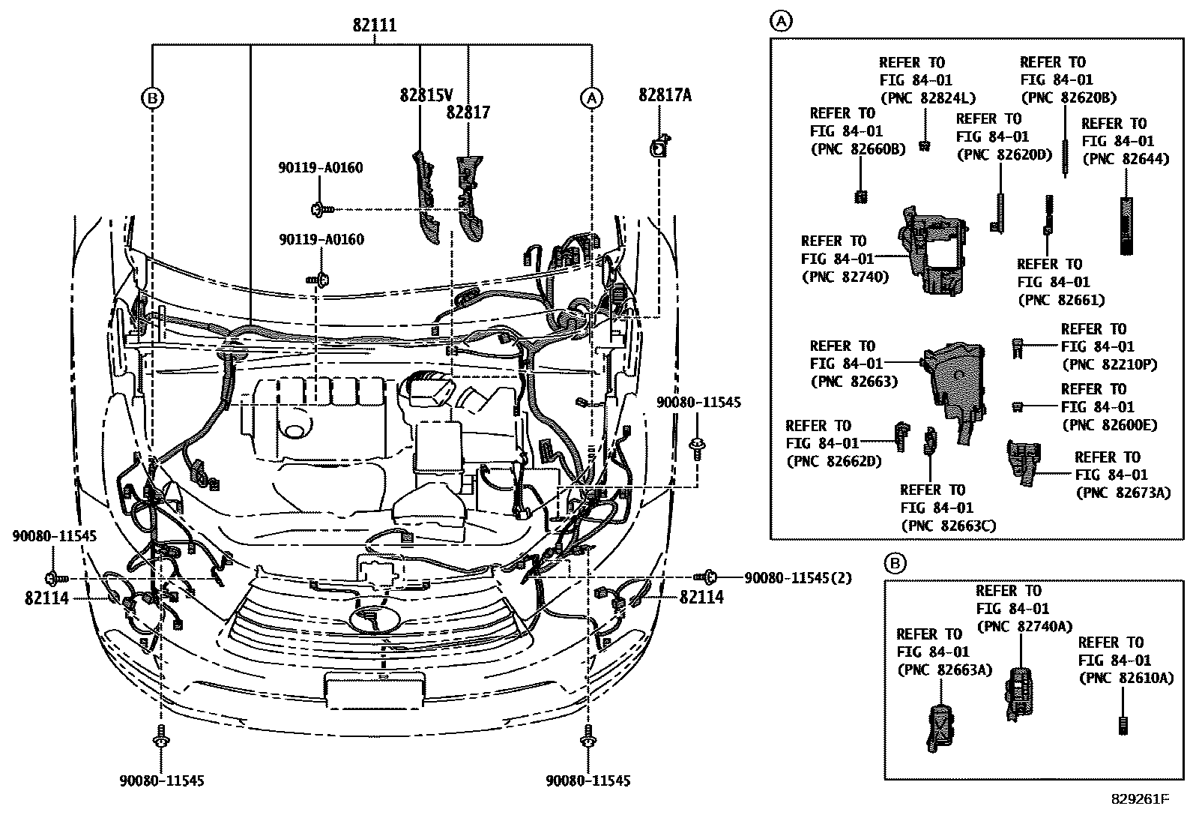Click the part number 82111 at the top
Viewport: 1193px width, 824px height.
point(375,26)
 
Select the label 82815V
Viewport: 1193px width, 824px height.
point(426,95)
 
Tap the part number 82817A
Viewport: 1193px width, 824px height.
point(665,95)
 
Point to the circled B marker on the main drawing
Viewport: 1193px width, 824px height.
point(152,97)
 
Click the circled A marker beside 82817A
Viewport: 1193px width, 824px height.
point(591,97)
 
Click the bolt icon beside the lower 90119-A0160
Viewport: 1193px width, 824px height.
point(319,279)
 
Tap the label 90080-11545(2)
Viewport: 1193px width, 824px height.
point(797,578)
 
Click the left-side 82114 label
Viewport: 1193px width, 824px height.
point(46,598)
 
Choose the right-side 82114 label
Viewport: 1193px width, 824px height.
point(701,598)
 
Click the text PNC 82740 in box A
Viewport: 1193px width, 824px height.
point(845,277)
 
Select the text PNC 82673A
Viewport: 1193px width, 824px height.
point(1122,493)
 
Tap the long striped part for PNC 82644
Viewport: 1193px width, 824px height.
point(1126,225)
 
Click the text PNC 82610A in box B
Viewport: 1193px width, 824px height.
point(1126,678)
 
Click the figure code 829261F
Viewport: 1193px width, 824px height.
point(1138,799)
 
